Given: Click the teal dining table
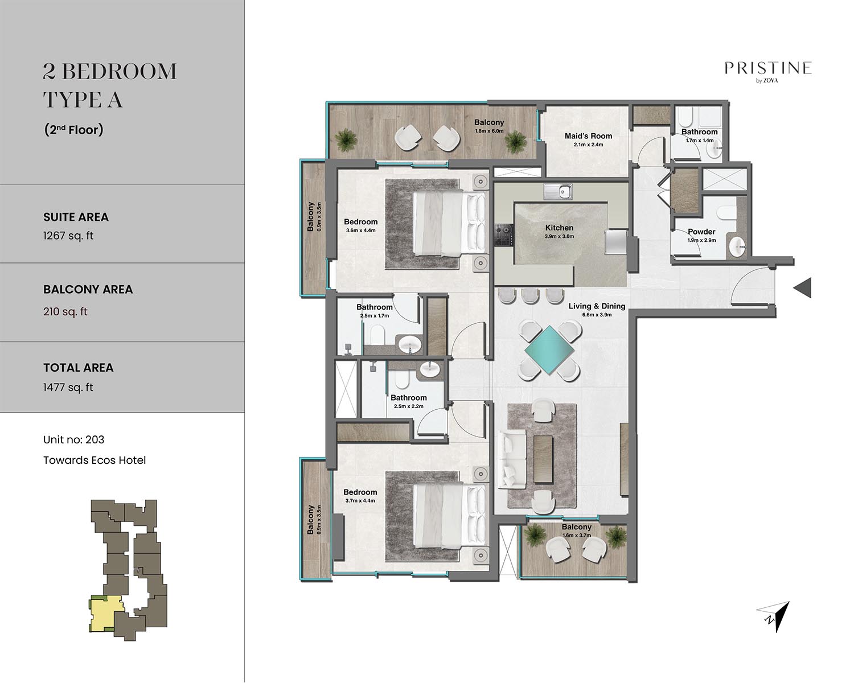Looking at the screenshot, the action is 549,350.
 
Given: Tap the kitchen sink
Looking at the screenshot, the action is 558,192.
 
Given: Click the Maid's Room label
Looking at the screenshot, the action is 588,135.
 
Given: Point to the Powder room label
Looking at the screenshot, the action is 701,232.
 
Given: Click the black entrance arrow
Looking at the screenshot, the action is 802,287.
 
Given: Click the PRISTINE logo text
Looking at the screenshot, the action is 768,68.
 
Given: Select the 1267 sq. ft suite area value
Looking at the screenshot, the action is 68,236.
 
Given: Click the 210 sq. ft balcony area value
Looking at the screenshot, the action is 65,311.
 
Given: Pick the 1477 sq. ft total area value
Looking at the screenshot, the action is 68,387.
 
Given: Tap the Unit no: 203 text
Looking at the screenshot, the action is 74,439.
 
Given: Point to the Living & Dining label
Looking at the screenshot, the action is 597,306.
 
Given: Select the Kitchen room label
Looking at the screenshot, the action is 559,228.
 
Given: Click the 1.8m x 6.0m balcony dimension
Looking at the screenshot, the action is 489,131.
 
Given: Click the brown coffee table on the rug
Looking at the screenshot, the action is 543,459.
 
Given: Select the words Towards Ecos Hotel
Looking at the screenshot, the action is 95,460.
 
